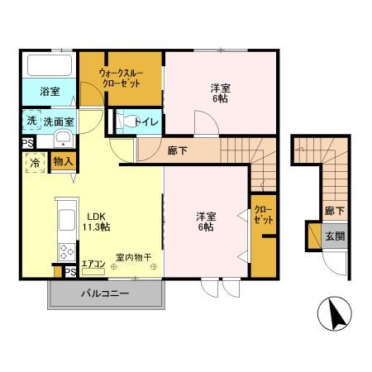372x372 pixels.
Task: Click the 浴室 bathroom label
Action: pos(49,92)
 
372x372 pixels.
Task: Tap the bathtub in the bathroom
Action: pos(48,65)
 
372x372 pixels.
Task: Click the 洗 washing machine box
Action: pos(31,120)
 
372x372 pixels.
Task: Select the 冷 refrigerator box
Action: pos(35,163)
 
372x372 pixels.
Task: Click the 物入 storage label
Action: pos(62,162)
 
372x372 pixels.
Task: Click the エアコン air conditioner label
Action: pos(93,265)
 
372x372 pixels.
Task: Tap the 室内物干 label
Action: pos(134,258)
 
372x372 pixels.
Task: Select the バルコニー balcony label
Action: pos(104,293)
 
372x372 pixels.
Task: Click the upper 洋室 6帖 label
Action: pos(218,92)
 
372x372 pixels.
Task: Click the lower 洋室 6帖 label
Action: pos(207,221)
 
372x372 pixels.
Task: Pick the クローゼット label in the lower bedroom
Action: pos(263,215)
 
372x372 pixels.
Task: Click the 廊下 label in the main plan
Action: pos(176,151)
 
